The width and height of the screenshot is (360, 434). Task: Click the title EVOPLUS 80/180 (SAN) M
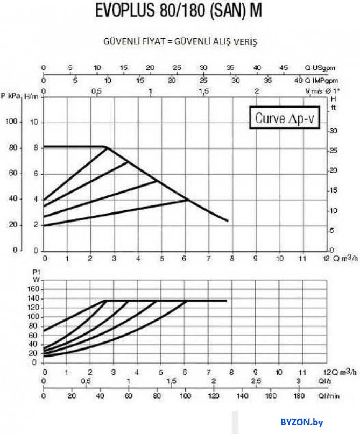(179, 11)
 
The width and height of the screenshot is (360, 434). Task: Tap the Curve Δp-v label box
(284, 118)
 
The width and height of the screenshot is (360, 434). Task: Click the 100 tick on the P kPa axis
(11, 122)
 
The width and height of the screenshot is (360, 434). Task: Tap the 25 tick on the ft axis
(333, 151)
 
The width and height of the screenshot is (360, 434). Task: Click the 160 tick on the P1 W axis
(33, 289)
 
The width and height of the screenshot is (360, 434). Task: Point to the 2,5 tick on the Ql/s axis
(256, 381)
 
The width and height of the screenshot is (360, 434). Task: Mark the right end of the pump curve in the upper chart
(228, 220)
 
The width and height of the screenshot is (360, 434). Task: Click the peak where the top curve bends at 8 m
(105, 147)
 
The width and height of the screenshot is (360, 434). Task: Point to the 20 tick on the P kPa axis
(11, 225)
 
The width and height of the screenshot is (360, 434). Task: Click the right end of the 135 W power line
(226, 301)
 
